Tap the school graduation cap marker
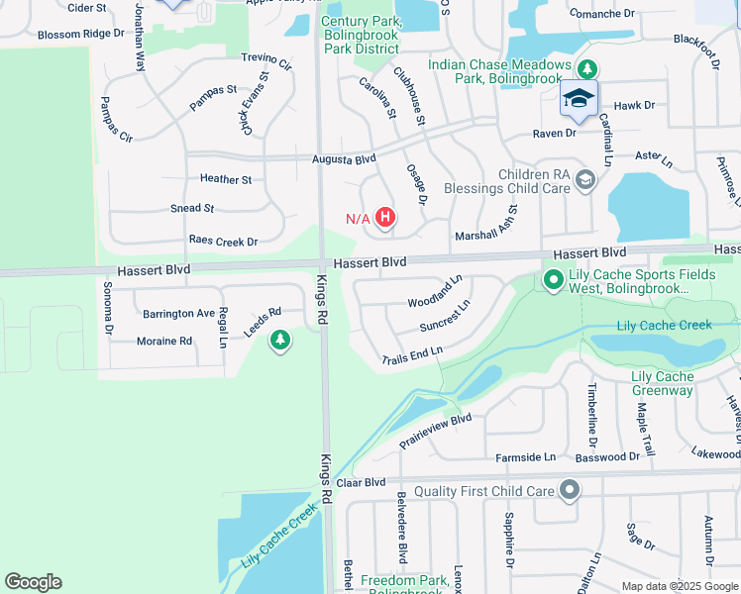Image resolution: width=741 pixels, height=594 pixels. (x=579, y=99)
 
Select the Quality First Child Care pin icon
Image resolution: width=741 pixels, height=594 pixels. (x=570, y=490)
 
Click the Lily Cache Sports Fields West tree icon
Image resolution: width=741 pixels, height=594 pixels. (x=553, y=282)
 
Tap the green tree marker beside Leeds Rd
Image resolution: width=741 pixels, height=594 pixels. (x=280, y=341)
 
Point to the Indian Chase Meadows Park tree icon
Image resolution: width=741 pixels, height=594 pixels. (x=588, y=69)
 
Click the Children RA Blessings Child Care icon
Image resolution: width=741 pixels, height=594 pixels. (x=585, y=179)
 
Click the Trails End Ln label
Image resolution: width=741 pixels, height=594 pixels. (x=411, y=355)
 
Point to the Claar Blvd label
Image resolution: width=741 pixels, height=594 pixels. (x=361, y=482)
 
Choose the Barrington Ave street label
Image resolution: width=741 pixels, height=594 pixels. (x=178, y=313)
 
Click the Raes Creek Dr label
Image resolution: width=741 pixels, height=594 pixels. (x=223, y=241)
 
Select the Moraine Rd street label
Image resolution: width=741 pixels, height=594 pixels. (x=164, y=341)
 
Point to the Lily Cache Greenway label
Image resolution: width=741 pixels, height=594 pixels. (x=662, y=383)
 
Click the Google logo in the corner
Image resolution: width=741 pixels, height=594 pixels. (x=33, y=582)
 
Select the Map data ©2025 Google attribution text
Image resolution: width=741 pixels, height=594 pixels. (x=680, y=586)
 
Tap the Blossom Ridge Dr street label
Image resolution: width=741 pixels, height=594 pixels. (x=81, y=33)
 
